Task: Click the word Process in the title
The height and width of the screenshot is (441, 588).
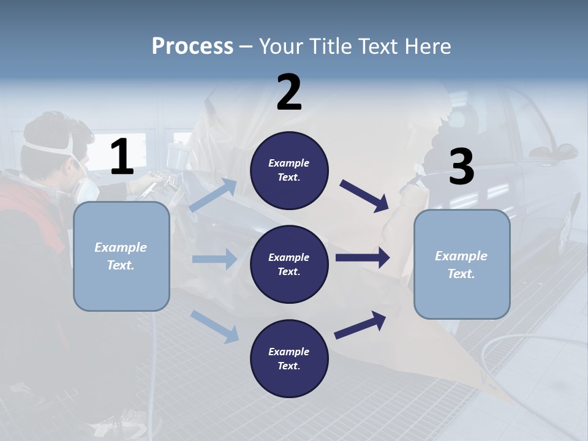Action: (x=192, y=47)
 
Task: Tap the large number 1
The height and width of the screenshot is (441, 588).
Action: (x=122, y=157)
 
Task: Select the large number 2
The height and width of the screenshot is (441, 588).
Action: (x=289, y=92)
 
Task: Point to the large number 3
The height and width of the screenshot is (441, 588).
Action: (x=461, y=167)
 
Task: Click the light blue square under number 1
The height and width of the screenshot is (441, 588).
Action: (x=121, y=256)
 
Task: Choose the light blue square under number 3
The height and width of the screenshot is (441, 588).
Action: (x=462, y=264)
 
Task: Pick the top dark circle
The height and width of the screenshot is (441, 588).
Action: (x=289, y=170)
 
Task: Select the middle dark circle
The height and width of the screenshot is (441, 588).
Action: (x=289, y=264)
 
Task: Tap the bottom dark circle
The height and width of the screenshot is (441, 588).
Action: (x=289, y=358)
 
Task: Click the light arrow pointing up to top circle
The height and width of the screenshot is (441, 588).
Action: (x=213, y=195)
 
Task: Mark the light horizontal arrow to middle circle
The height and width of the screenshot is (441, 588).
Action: (x=214, y=259)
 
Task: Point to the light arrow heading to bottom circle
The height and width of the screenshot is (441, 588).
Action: (x=214, y=326)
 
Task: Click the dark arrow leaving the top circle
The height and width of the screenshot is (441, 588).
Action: (x=364, y=195)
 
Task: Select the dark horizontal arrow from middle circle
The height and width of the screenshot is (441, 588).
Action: (x=363, y=257)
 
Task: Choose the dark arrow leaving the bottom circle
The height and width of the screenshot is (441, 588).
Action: (x=360, y=325)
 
